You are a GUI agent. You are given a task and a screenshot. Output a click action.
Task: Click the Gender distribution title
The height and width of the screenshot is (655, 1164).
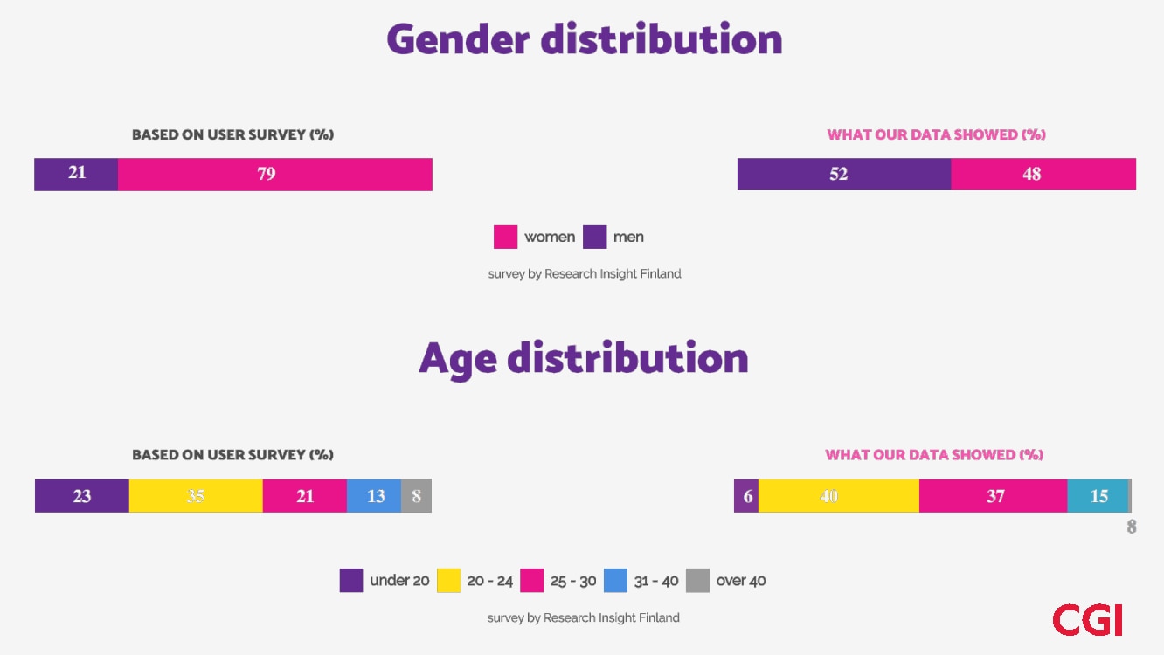coord(584,40)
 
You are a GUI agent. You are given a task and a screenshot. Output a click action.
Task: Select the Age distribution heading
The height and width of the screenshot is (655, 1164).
coord(583,359)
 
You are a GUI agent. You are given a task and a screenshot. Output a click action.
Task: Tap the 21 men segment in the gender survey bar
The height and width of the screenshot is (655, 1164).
coord(76,174)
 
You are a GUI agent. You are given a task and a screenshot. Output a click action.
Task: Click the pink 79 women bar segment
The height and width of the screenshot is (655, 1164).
coord(274,174)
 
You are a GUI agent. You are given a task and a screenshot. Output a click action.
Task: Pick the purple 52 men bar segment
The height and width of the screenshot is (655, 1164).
coord(843,174)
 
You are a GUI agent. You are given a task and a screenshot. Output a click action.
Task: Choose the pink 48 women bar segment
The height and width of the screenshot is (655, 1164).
coord(1043,174)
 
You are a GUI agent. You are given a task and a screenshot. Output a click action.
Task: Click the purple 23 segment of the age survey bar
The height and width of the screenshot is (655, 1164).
coord(82,496)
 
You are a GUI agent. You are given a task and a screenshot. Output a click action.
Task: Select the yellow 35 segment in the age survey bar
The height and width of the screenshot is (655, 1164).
coord(196,496)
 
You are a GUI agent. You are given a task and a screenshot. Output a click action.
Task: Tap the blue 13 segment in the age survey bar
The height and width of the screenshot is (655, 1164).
coord(374,496)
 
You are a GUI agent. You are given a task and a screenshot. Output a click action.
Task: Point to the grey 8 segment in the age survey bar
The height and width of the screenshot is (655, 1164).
coord(416,496)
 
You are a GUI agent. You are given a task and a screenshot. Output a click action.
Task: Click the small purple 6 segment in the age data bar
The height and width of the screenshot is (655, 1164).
coord(746,496)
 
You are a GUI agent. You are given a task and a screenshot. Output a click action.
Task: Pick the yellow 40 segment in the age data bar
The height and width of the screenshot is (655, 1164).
coord(838,496)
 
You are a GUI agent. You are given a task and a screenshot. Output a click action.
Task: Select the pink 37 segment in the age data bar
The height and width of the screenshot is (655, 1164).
coord(994,496)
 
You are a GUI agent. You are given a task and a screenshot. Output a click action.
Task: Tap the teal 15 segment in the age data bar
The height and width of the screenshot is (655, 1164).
coord(1098,496)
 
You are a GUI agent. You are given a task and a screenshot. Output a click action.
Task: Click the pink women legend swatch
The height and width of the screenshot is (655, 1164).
coord(505,238)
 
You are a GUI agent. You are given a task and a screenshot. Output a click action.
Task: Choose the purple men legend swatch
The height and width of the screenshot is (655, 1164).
coord(594,238)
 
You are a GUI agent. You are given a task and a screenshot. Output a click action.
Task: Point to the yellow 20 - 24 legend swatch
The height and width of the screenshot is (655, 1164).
coord(448,581)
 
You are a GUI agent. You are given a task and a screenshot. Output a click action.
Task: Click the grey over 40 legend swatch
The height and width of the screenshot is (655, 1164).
coord(697,581)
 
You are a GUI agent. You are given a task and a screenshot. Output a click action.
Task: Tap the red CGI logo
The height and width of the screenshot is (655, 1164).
coord(1087,619)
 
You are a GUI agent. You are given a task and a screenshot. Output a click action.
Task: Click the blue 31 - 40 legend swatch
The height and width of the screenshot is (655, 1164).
coord(615,581)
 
